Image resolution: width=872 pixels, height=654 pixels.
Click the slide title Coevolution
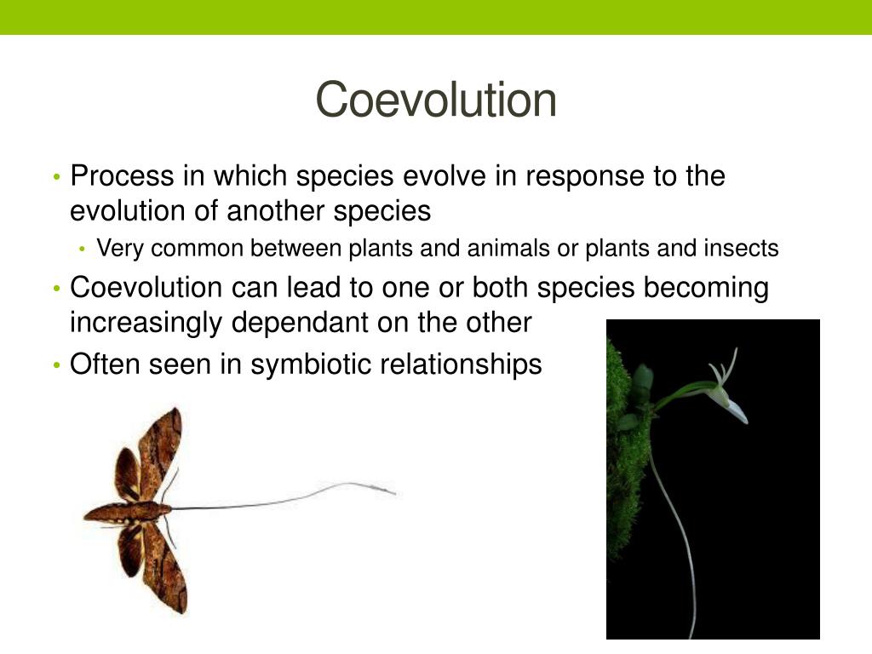436,100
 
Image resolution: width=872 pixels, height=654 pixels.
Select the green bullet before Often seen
55,365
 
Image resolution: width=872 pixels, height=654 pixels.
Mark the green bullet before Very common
83,250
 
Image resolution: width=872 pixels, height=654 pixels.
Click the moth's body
128,511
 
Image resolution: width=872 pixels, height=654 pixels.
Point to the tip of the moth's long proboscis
393,492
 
